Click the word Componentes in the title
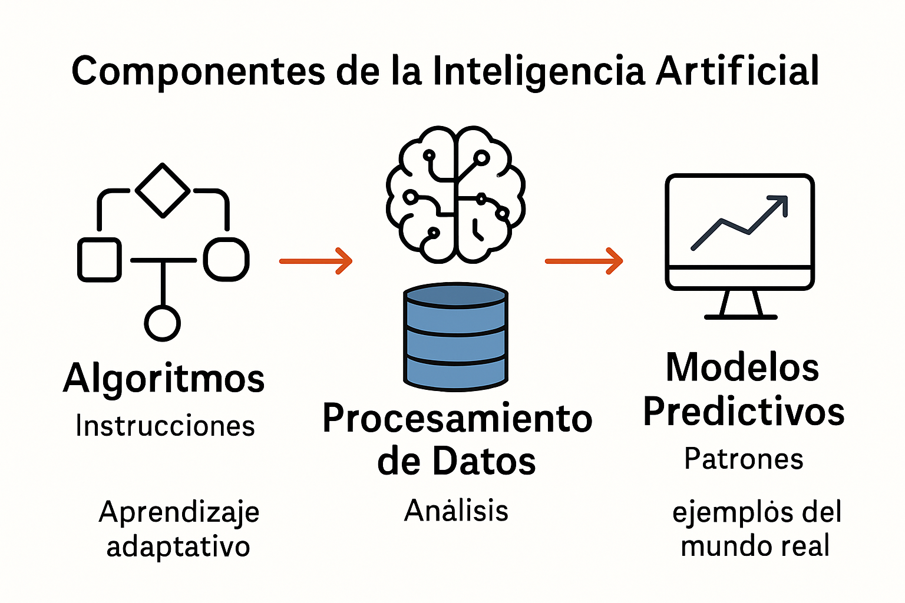point(199,72)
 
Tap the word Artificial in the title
point(737,71)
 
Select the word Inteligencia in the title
point(539,72)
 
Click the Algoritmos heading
point(164,378)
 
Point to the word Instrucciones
point(165,426)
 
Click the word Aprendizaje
point(179,512)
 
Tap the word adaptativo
point(178,546)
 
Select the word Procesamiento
point(457,418)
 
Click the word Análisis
point(456,510)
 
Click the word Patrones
point(744,459)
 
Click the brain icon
point(455,194)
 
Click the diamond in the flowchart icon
point(163,190)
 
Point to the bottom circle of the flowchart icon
point(163,323)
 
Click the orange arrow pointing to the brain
point(316,261)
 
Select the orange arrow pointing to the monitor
point(584,261)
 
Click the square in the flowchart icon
point(100,260)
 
